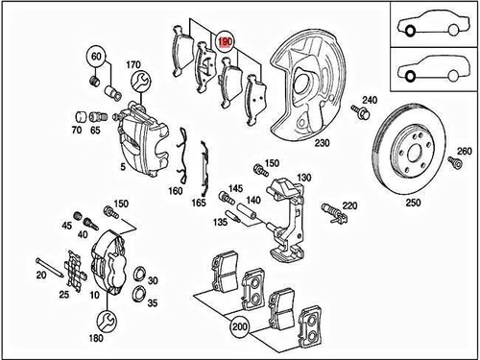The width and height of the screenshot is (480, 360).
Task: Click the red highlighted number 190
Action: click(226, 41)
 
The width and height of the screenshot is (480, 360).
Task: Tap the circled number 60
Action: click(96, 57)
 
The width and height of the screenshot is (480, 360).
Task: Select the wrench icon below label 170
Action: click(141, 82)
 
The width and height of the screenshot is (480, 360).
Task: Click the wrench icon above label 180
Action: click(108, 321)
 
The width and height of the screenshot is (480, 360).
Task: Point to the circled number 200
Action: click(240, 326)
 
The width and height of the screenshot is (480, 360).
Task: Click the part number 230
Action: click(322, 142)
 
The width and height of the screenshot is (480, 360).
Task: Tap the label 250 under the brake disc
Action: click(413, 203)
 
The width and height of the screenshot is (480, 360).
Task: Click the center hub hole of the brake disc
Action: click(414, 153)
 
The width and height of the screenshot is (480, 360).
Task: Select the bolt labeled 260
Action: click(455, 162)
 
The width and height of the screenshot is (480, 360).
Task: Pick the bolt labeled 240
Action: click(360, 110)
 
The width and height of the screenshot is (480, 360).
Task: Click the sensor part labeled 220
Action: click(335, 212)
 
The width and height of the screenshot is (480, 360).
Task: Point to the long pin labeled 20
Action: click(50, 267)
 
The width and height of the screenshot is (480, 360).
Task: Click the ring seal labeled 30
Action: click(140, 274)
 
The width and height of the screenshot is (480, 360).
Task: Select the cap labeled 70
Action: click(81, 117)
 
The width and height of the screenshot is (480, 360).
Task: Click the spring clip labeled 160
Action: click(183, 156)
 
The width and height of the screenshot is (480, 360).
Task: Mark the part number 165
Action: click(199, 203)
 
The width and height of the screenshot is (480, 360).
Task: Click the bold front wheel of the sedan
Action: click(410, 31)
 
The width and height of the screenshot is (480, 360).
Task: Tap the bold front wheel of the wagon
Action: click(410, 76)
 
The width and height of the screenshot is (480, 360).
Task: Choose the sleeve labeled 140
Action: click(247, 211)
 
